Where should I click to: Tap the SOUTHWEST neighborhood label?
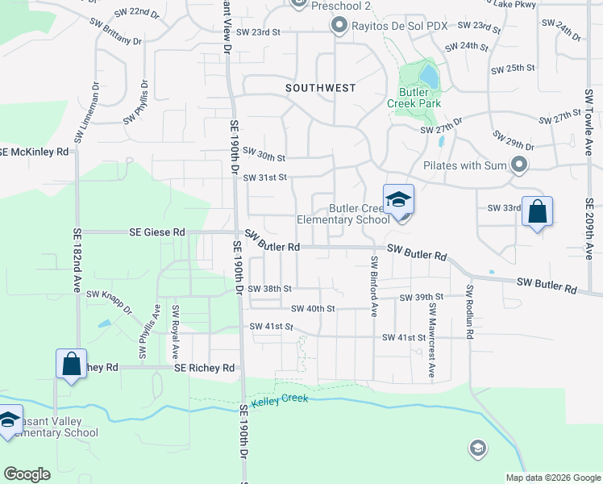(320, 87)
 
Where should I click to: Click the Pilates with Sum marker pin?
(518, 166)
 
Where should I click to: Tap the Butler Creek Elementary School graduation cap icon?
(398, 198)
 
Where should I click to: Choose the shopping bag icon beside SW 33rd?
(538, 212)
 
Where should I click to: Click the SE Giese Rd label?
(157, 232)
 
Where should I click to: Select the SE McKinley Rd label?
(34, 152)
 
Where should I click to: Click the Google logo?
(27, 474)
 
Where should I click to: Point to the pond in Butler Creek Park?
(430, 77)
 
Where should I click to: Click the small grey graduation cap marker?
(477, 448)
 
